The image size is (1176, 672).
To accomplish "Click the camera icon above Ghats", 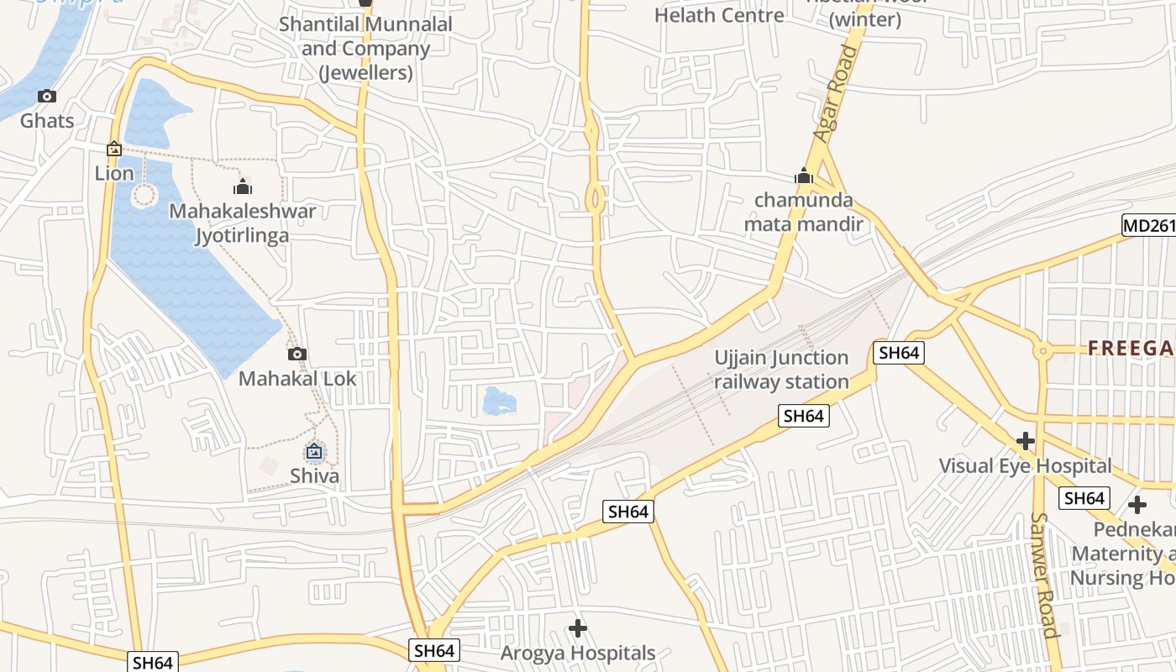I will (47, 97).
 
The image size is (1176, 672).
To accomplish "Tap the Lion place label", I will (114, 173).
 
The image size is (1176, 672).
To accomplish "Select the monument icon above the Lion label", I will (114, 150).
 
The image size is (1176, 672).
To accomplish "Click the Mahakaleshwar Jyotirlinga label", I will (243, 223).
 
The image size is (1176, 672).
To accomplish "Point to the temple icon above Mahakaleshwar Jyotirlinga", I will (243, 186).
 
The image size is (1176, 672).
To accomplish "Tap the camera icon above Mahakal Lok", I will (297, 354).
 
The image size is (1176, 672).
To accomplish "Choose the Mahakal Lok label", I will (297, 379).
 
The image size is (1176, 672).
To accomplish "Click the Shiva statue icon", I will (314, 452).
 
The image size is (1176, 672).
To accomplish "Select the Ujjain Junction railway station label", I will (781, 370).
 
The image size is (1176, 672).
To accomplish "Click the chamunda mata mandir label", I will (804, 212).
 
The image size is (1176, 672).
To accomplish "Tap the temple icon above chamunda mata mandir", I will (804, 176).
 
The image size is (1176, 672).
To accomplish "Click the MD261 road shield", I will (1148, 225).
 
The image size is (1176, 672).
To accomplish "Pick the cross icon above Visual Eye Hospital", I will (1025, 441).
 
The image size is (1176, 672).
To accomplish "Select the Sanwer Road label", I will (1044, 575).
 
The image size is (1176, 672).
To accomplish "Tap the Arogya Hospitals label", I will (578, 653).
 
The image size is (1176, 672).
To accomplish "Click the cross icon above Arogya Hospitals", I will (578, 628).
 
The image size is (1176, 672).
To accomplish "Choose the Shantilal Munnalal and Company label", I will (365, 49).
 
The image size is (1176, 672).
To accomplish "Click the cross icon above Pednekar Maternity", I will (1137, 505).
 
